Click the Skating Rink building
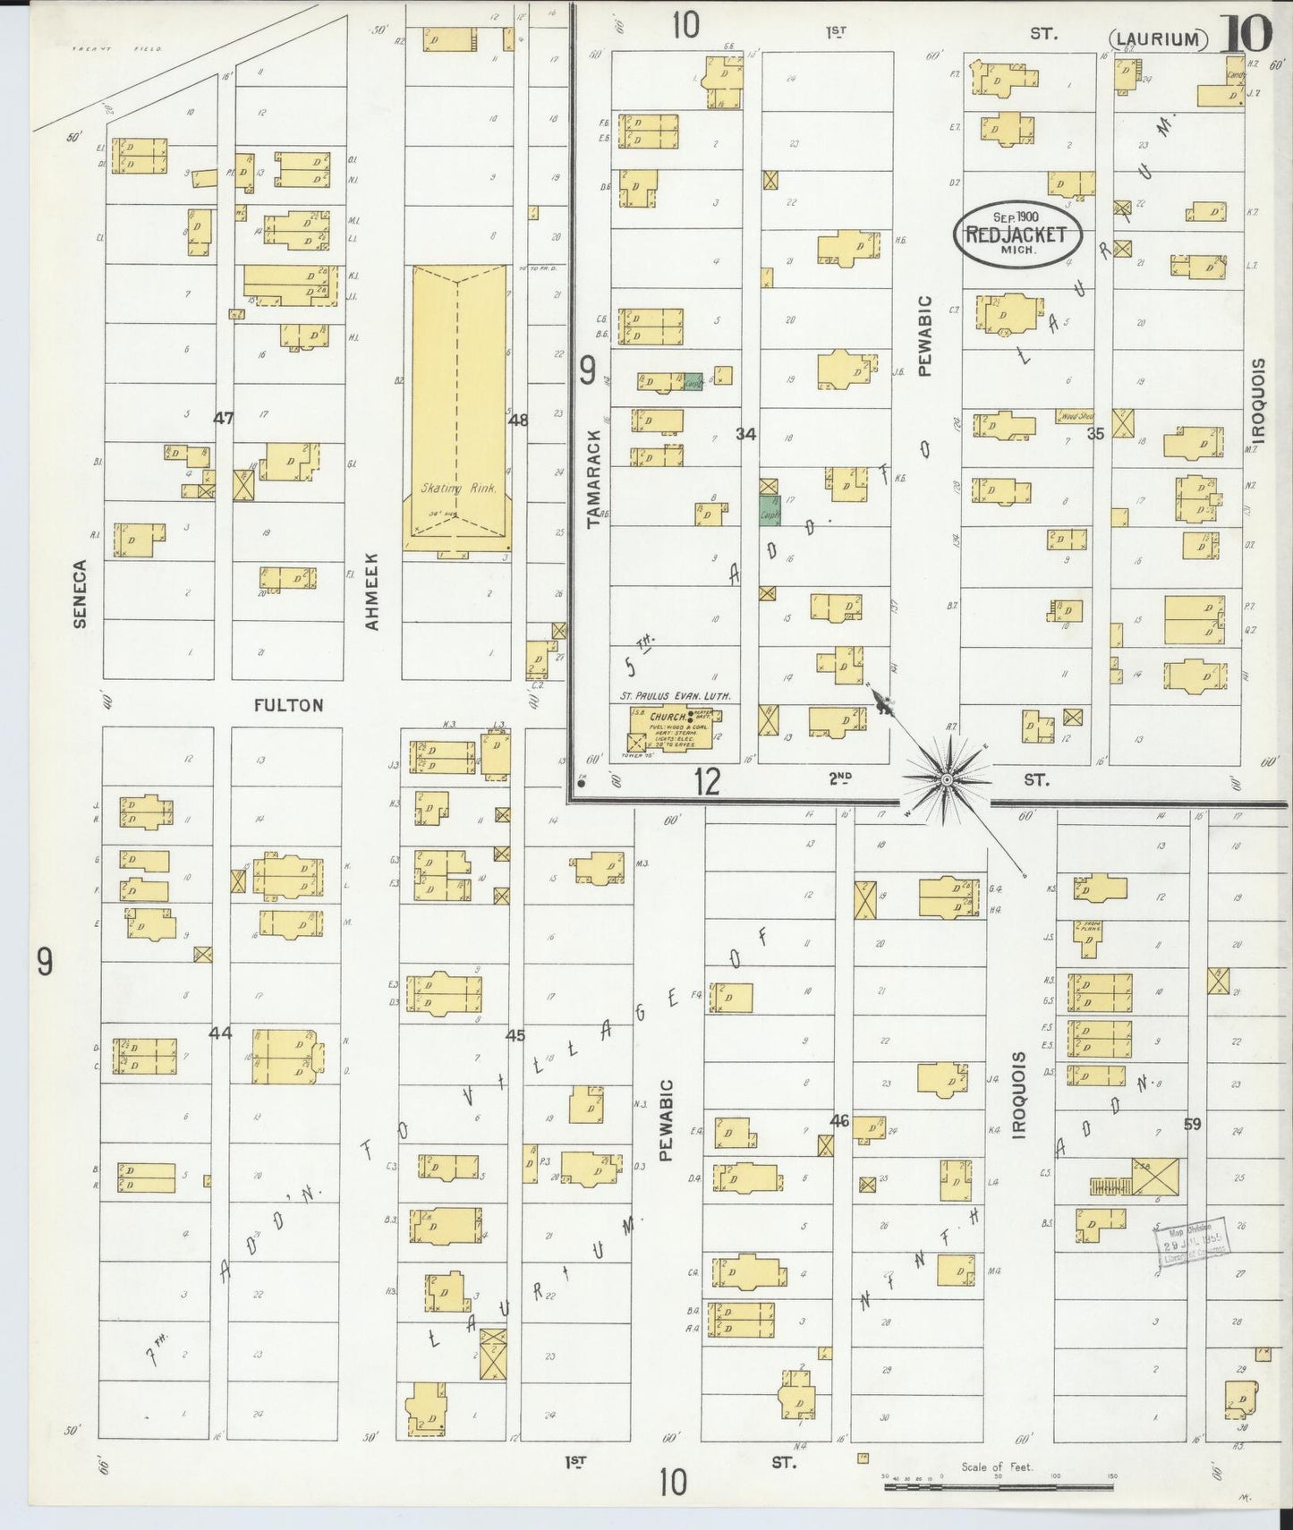(x=458, y=407)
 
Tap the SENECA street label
(x=81, y=593)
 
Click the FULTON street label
(x=288, y=705)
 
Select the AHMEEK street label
(x=372, y=591)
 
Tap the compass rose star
(x=947, y=780)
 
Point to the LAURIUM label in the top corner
(x=1159, y=39)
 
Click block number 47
(x=223, y=418)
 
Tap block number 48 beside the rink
(x=517, y=419)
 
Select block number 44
(x=220, y=1033)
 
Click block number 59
(x=1192, y=1124)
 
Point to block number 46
(x=838, y=1120)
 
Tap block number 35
(x=1095, y=434)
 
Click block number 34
(x=745, y=434)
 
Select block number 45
(x=515, y=1035)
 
